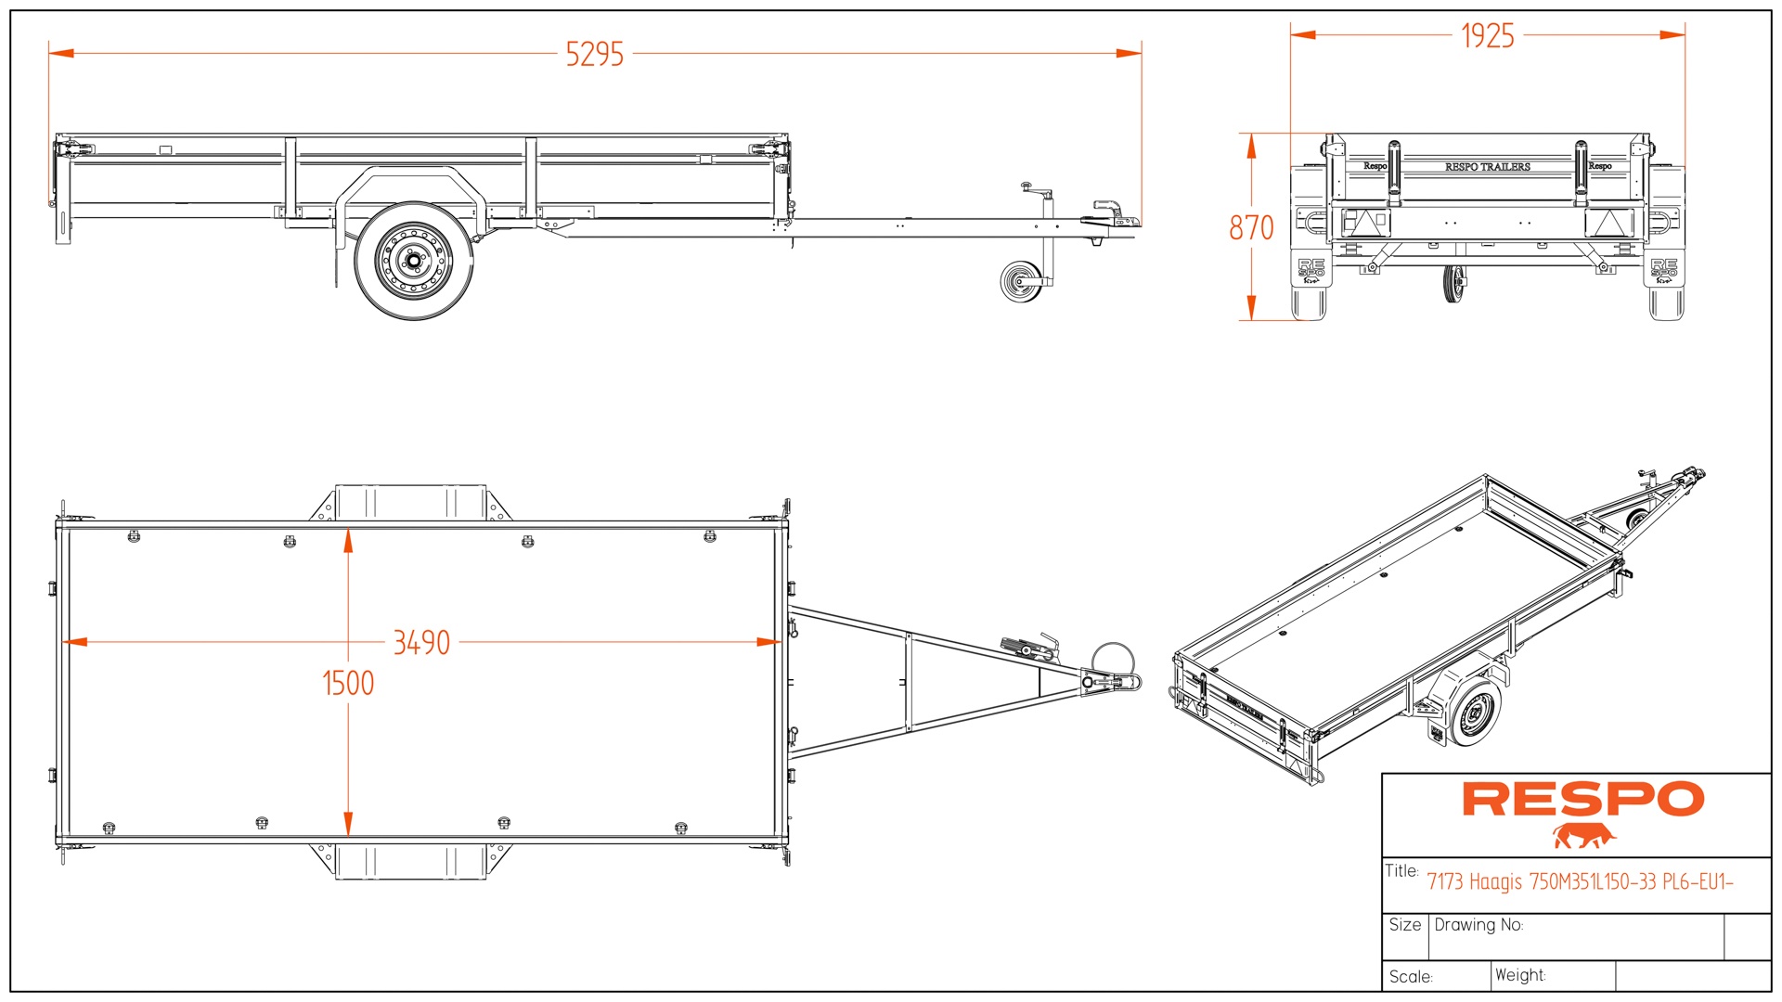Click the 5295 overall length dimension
coord(595,54)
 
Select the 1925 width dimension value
coord(1487,36)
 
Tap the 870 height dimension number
coord(1251,227)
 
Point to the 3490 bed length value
coord(421,642)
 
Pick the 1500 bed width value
coord(348,684)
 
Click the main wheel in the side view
coord(413,261)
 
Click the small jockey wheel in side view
coord(1021,281)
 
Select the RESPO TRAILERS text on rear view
coord(1487,167)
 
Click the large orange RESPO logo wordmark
coord(1582,799)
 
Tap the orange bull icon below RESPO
coord(1583,836)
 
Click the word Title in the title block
coord(1401,871)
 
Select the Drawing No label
coord(1479,925)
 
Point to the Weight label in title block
coord(1520,975)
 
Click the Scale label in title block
coord(1411,977)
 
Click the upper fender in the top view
coord(409,502)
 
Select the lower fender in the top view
coord(409,861)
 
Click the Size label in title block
coord(1404,925)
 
